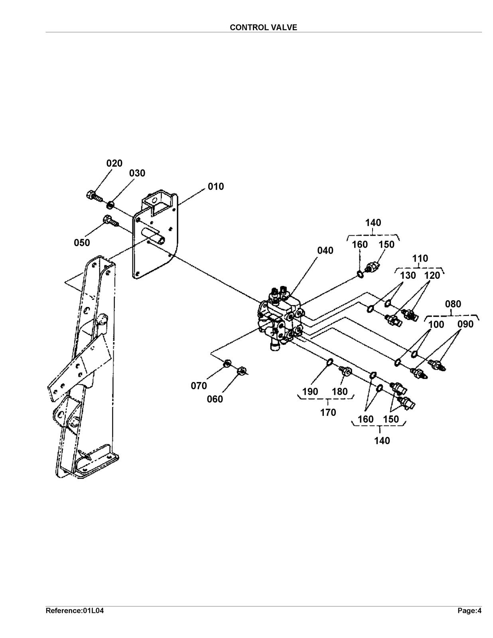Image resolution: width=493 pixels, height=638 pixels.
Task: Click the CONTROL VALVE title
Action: coord(263,27)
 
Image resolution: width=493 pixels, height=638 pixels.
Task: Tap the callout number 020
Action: coord(114,163)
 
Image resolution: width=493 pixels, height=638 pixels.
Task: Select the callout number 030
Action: coord(137,173)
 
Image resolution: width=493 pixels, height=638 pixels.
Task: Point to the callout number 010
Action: coord(216,187)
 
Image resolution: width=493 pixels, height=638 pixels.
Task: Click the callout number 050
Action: coord(82,243)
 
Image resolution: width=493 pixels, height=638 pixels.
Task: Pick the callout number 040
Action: coord(325,250)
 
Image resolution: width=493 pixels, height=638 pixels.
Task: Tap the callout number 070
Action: coord(199,386)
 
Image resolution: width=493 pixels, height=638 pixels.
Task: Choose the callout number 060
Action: coord(215,399)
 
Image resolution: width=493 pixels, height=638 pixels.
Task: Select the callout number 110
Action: coord(420,259)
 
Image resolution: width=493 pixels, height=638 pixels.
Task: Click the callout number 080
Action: coord(453,304)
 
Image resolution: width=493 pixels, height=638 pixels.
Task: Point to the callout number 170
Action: coord(328,413)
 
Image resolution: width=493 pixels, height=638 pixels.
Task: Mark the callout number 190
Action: coord(310,392)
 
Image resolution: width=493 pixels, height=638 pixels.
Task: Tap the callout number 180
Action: coord(340,392)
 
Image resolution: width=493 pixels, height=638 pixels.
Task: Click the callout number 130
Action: coord(408,276)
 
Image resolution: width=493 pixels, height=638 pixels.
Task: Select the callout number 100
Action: coord(436,325)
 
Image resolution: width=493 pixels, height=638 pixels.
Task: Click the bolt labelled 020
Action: coord(94,196)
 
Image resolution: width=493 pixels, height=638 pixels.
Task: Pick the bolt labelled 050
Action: coord(110,221)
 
